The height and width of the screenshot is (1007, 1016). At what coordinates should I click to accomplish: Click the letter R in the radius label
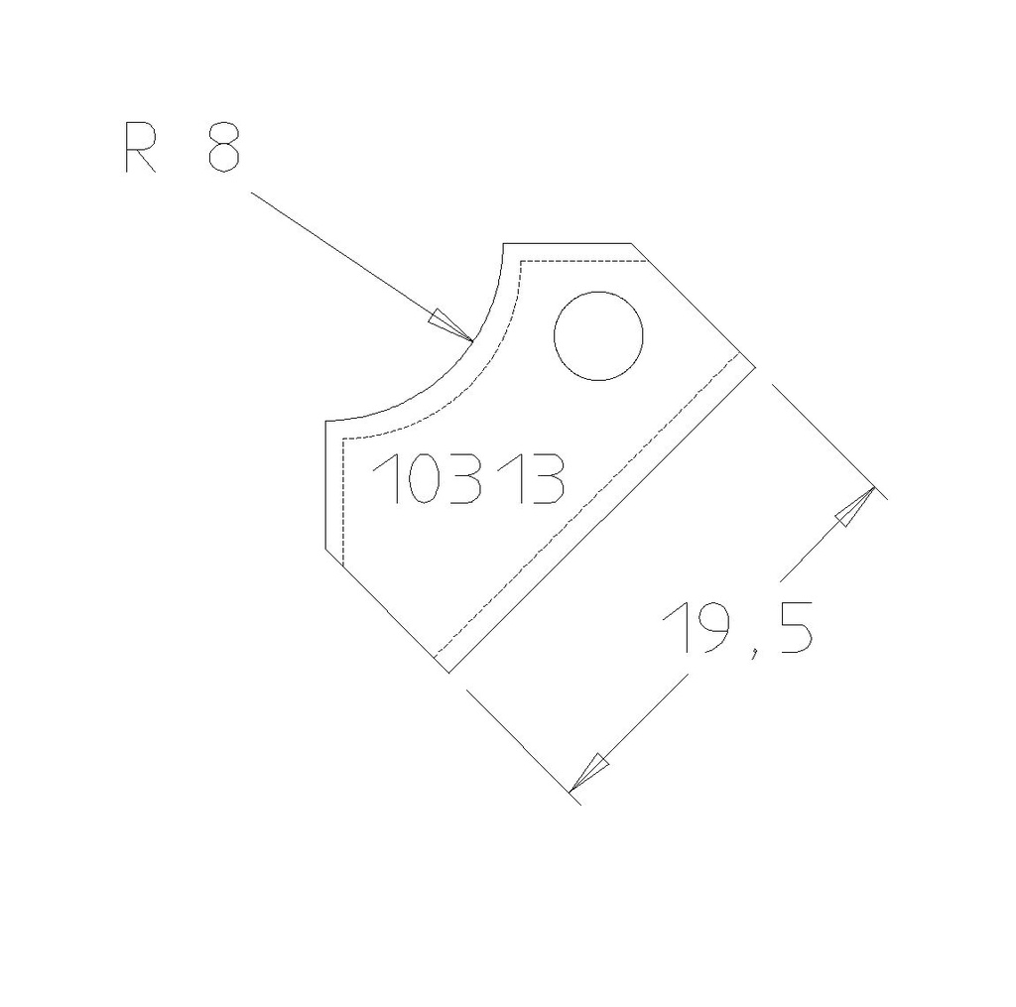point(140,150)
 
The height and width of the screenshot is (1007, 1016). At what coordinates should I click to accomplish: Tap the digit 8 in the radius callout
point(223,150)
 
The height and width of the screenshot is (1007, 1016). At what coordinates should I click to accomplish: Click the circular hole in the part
point(598,335)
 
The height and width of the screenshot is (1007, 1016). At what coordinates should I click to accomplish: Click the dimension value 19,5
point(739,629)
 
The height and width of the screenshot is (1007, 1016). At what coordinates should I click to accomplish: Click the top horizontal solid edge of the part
point(568,242)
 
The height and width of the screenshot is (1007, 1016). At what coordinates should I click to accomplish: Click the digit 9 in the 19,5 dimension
point(718,629)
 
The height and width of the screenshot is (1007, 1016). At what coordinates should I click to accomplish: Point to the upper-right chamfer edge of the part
point(695,305)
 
